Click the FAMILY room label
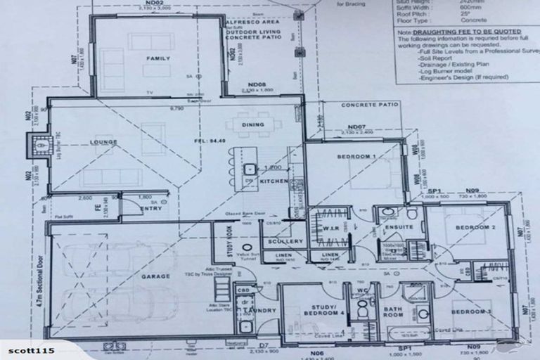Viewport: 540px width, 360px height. [157, 59]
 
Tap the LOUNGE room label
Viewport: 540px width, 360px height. [104, 142]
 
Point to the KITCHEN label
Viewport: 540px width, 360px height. [274, 181]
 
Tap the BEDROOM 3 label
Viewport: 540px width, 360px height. [470, 311]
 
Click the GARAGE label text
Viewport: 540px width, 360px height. [155, 277]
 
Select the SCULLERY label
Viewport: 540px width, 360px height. [285, 241]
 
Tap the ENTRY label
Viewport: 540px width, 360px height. [151, 208]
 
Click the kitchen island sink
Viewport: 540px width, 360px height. [250, 169]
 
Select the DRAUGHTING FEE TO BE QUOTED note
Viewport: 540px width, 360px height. [461, 32]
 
